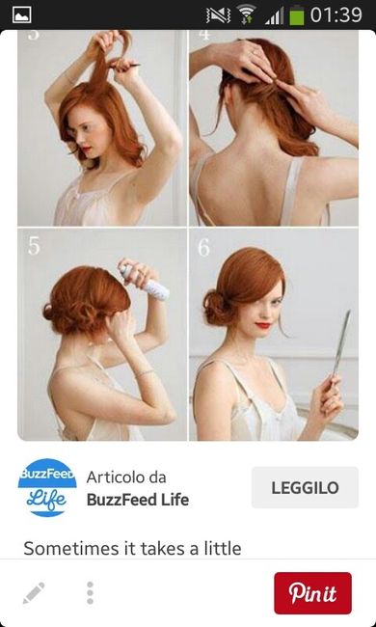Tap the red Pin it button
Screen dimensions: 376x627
312,592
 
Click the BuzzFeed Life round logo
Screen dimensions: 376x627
47,487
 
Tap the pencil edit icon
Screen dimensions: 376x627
34,593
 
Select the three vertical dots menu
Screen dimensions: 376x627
90,593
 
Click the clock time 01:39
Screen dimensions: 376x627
336,15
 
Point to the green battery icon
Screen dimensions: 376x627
297,15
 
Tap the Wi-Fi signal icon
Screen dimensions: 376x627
246,14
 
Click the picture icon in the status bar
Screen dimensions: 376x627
22,14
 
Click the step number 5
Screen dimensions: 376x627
34,246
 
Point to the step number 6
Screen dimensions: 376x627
203,248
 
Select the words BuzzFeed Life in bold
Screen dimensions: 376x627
138,500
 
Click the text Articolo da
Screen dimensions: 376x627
126,477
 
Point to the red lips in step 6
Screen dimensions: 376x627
263,325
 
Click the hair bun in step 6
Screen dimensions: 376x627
217,308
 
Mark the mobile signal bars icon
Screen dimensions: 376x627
274,16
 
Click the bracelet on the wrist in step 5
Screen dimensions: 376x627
145,373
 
